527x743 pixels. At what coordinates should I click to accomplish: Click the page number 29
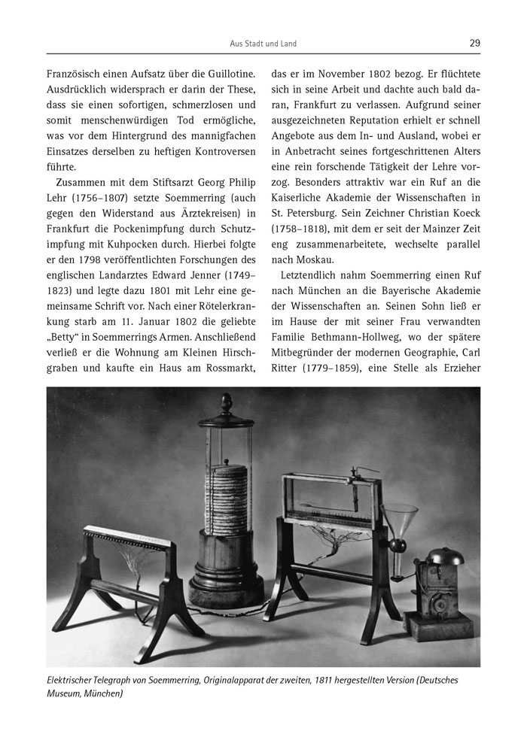474,43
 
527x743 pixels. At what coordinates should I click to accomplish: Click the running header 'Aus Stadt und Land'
263,44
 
